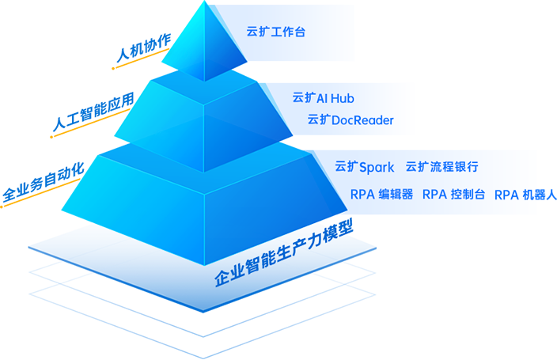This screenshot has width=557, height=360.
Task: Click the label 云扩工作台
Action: (x=275, y=32)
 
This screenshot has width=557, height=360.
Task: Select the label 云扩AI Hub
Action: (x=323, y=98)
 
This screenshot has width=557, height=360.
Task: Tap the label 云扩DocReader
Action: (x=350, y=120)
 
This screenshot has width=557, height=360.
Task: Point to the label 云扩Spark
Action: (x=364, y=167)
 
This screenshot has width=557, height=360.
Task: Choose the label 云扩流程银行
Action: (x=441, y=167)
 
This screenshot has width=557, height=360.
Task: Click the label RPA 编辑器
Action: (x=381, y=194)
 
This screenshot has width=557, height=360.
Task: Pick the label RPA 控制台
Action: (x=454, y=194)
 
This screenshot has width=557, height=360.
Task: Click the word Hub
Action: (x=343, y=98)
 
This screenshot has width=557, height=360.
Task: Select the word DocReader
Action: (x=362, y=120)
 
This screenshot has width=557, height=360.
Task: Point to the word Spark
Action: (x=377, y=167)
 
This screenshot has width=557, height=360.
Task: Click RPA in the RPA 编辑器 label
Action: (x=362, y=194)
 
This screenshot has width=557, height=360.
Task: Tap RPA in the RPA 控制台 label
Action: (x=435, y=194)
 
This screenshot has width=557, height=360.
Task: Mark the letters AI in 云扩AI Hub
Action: (x=322, y=98)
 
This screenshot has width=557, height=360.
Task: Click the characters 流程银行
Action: (x=454, y=167)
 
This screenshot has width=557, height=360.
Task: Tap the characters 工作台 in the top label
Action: (x=287, y=32)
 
